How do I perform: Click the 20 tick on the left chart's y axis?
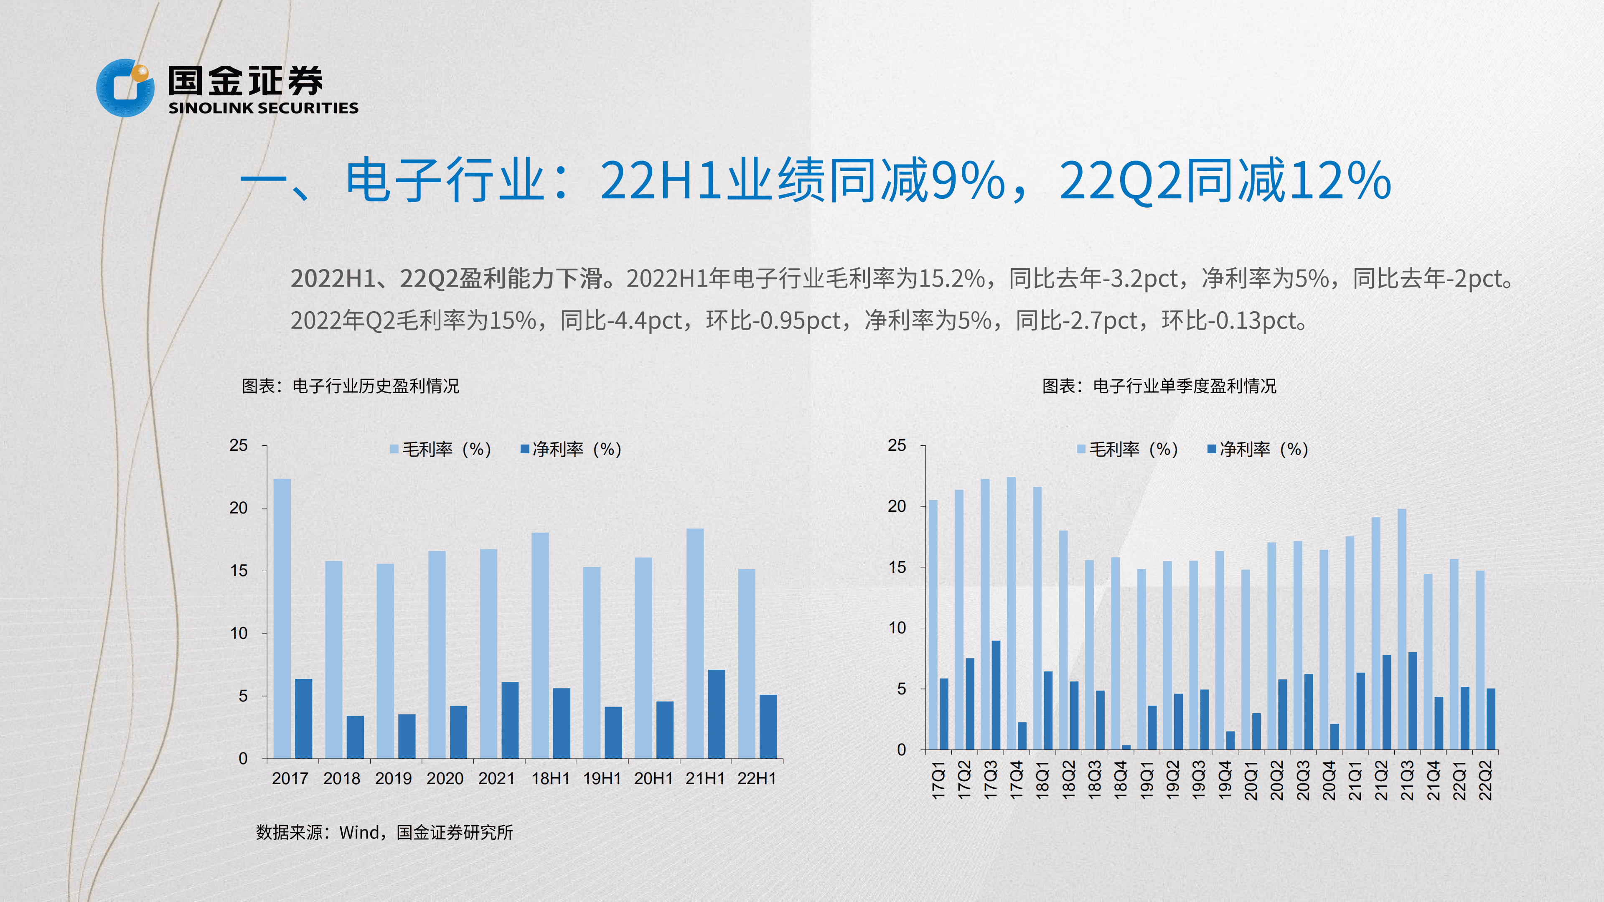point(239,508)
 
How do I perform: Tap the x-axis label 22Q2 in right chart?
point(1486,779)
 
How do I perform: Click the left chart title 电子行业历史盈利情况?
point(376,386)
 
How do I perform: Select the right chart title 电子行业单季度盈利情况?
point(1185,386)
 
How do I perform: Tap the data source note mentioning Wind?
point(384,832)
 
